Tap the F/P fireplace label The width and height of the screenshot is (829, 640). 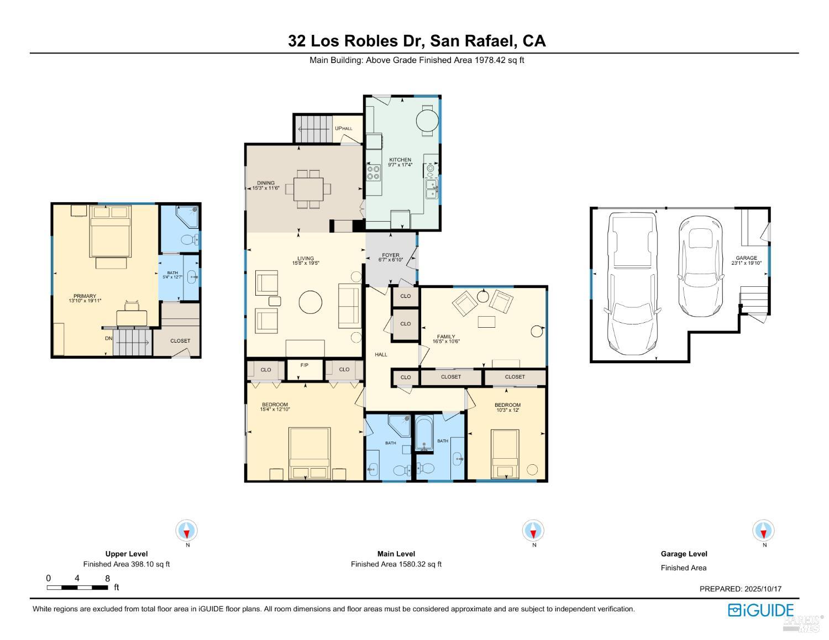point(305,366)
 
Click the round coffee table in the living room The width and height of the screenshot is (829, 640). point(310,302)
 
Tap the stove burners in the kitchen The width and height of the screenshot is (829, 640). point(374,173)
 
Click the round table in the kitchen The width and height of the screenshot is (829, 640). point(427,119)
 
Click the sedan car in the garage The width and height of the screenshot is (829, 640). point(701,265)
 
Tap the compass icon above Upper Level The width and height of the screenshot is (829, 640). point(187,531)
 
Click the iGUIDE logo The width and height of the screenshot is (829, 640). point(760,610)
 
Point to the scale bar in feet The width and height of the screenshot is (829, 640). point(77,587)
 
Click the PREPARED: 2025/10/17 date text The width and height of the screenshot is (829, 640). point(740,589)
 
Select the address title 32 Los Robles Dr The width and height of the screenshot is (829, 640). point(416,41)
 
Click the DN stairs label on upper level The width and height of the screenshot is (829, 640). point(109,338)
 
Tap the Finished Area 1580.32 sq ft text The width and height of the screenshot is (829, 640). point(396,564)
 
